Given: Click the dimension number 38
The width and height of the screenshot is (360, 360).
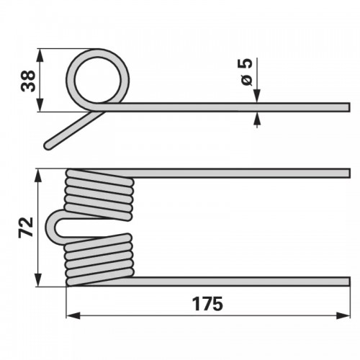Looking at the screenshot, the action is [28, 81].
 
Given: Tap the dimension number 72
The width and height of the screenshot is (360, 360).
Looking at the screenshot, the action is [26, 227].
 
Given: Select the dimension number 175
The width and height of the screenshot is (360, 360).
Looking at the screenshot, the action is [207, 304].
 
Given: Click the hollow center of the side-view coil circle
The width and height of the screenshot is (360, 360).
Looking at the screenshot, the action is [98, 80].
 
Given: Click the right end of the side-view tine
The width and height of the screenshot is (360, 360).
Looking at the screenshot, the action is [348, 107].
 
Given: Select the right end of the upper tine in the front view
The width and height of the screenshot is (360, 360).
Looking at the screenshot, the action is [348, 173].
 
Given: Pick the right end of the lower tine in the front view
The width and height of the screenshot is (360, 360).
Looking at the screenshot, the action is [348, 282].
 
